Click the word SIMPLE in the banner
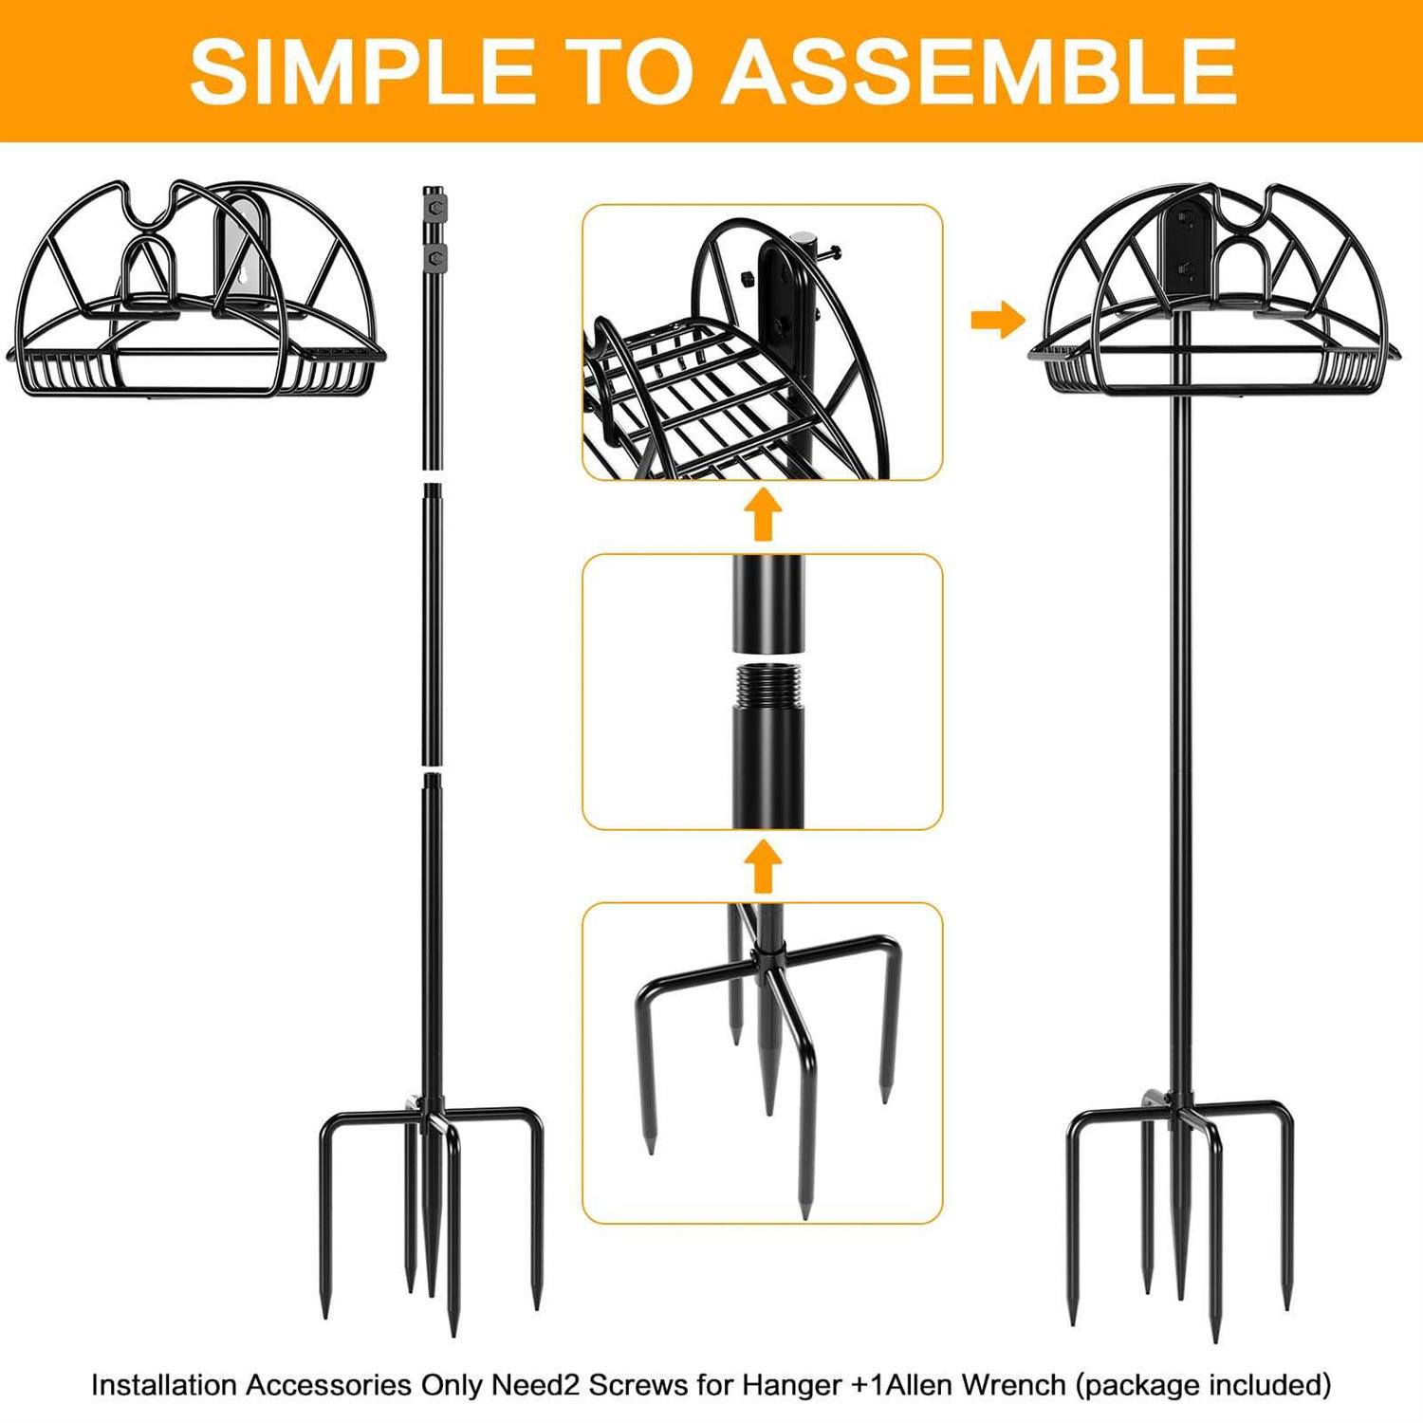[362, 71]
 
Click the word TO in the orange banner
[629, 71]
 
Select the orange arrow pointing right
[998, 320]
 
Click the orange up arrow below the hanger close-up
[763, 515]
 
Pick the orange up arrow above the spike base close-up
[763, 866]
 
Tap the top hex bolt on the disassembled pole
[434, 208]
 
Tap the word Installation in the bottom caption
[164, 1385]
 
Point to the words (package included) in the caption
[1203, 1386]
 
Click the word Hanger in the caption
[791, 1386]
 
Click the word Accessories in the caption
[328, 1385]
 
